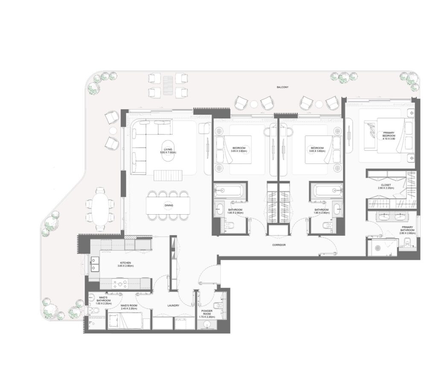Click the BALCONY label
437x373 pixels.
point(283,87)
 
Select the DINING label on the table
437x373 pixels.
point(169,206)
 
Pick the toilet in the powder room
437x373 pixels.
point(218,305)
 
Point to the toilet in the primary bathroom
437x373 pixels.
point(406,245)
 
